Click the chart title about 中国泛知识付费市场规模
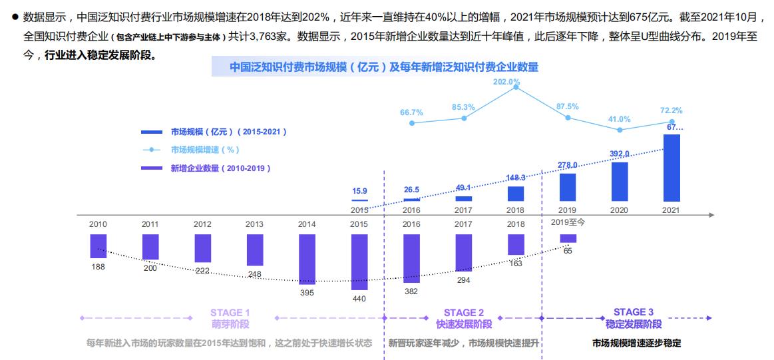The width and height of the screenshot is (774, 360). [x=384, y=67]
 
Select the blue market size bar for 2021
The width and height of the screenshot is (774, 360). [x=672, y=168]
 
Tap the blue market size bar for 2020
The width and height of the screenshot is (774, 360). [x=620, y=181]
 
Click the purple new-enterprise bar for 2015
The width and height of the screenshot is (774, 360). [x=359, y=262]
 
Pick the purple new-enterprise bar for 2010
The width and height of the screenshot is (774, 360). [x=98, y=246]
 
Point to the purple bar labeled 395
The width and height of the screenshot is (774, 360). [x=307, y=259]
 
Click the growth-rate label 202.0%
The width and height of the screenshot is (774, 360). [x=506, y=82]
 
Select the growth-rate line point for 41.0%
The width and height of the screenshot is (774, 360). [x=620, y=130]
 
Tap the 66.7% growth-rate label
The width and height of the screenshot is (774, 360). [x=411, y=112]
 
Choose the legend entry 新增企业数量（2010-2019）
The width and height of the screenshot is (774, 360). [x=220, y=168]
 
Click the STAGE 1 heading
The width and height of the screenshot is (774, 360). [x=230, y=312]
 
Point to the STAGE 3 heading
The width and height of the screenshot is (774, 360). [x=634, y=311]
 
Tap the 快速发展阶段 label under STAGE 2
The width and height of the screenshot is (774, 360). [x=464, y=324]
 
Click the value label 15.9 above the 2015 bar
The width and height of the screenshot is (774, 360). [x=359, y=191]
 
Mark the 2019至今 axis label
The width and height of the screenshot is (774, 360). [x=568, y=222]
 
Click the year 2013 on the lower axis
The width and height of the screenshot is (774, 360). [x=255, y=224]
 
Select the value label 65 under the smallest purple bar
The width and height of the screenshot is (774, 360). [x=568, y=251]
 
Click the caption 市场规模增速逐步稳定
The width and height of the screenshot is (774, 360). [x=636, y=343]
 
